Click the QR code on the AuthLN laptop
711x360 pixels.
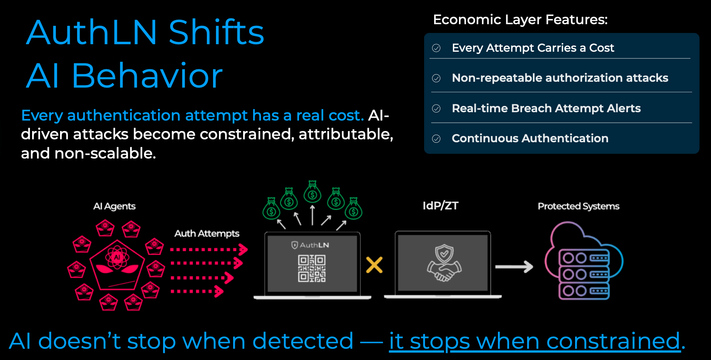(x=312, y=269)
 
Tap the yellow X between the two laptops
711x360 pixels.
(x=374, y=265)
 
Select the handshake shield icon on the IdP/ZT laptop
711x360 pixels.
(x=444, y=263)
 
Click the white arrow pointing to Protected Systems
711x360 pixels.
(x=514, y=267)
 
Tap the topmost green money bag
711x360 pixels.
(x=312, y=192)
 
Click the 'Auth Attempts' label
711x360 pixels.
(x=207, y=234)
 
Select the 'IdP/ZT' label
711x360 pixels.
(x=440, y=206)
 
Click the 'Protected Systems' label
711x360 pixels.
(x=578, y=206)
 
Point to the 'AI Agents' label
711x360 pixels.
(x=114, y=206)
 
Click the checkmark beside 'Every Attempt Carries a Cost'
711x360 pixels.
(x=436, y=48)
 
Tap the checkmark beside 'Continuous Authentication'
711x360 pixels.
(x=436, y=138)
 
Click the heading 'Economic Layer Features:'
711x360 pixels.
(x=520, y=20)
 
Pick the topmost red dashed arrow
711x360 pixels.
(x=209, y=250)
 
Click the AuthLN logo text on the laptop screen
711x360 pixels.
(x=314, y=245)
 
